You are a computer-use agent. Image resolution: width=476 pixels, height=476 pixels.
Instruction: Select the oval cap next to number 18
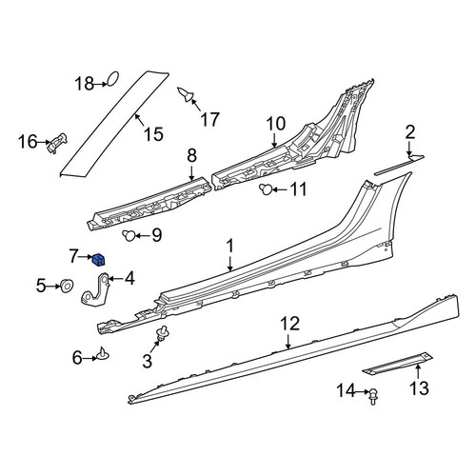click(113, 78)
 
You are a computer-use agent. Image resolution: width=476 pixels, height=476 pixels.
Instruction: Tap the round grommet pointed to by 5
click(67, 286)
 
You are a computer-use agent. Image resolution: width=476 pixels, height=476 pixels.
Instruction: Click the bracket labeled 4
click(95, 290)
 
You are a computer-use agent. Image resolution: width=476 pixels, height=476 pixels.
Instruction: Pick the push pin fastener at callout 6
click(103, 354)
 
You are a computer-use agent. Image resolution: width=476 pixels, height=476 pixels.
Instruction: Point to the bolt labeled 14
click(373, 397)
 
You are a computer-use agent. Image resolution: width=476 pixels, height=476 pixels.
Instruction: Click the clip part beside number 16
click(57, 143)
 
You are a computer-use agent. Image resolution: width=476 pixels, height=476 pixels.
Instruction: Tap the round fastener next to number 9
click(129, 235)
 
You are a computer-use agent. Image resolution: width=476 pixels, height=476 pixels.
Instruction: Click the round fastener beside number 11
click(266, 189)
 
